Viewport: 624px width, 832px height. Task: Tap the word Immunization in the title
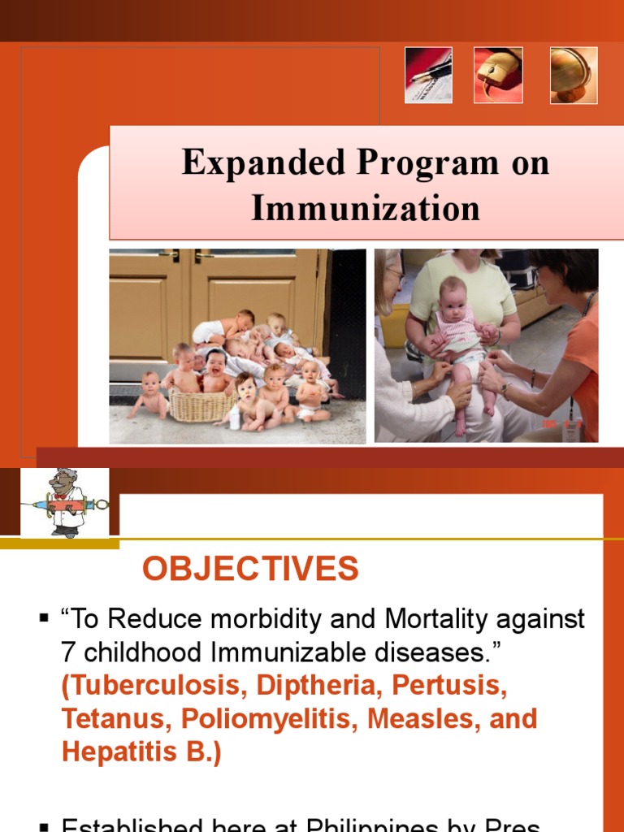click(x=366, y=208)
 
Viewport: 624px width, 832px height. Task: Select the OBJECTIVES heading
click(x=250, y=570)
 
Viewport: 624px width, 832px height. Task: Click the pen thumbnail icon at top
click(x=428, y=75)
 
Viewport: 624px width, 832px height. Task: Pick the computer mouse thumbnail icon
click(x=498, y=75)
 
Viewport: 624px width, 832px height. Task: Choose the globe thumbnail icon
click(x=574, y=75)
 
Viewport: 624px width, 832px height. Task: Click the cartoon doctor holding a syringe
click(x=64, y=503)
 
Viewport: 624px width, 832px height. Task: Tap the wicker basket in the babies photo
click(x=200, y=404)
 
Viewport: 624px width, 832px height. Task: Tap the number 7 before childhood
click(x=68, y=652)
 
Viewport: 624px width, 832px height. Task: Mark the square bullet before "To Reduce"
click(x=44, y=620)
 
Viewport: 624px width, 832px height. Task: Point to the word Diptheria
click(x=320, y=686)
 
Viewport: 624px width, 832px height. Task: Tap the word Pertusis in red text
click(x=448, y=686)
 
